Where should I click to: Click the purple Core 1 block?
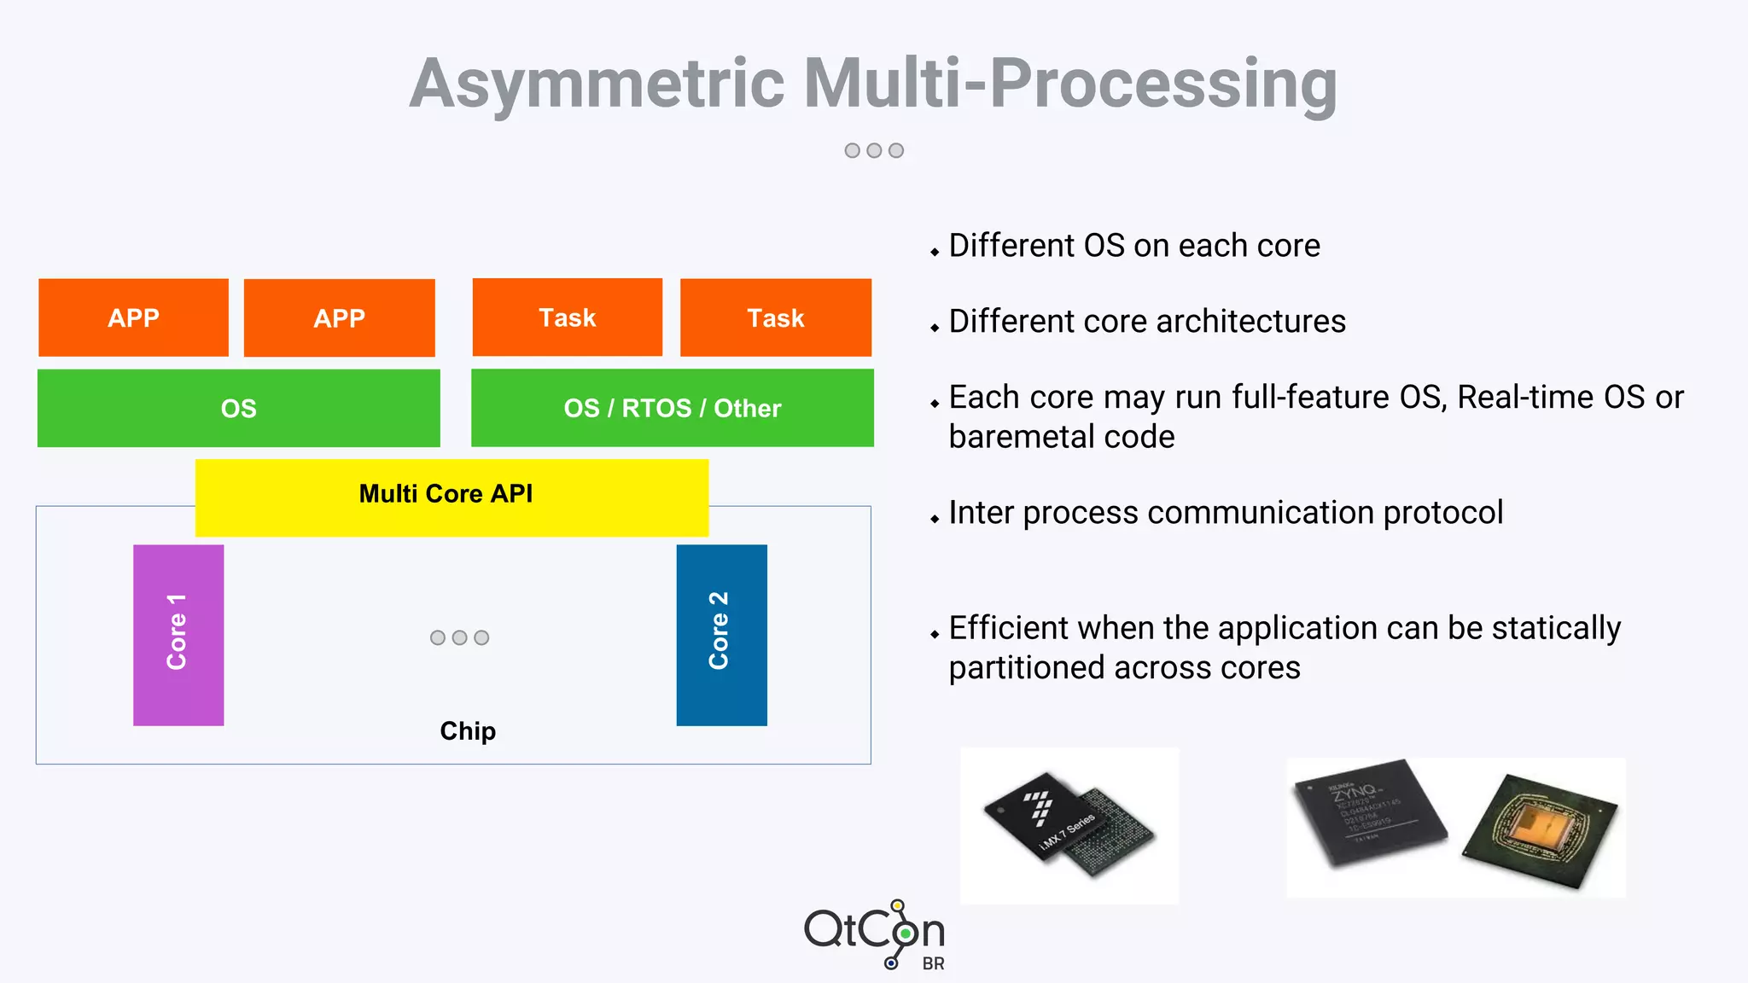click(x=178, y=635)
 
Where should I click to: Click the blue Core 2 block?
click(x=721, y=635)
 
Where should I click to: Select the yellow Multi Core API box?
click(x=452, y=497)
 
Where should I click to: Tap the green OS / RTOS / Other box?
click(x=672, y=408)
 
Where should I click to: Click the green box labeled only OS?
click(x=238, y=408)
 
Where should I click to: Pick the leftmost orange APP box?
click(x=133, y=317)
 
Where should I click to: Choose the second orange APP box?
click(x=339, y=317)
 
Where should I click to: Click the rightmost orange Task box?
click(x=775, y=317)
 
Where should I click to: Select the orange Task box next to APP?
click(x=567, y=317)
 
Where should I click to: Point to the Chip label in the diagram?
click(x=467, y=731)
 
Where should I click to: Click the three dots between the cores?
click(x=459, y=637)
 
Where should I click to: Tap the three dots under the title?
click(x=873, y=150)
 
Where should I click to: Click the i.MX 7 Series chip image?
click(x=1068, y=824)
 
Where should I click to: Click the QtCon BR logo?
click(x=875, y=934)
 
